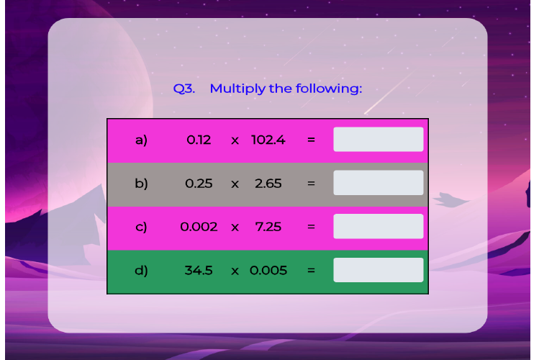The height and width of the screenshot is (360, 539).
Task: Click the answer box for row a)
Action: [x=378, y=139]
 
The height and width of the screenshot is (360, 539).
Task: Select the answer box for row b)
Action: [x=378, y=183]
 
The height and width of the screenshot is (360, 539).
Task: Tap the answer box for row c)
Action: [x=378, y=226]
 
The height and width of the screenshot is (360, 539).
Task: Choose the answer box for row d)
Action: [x=378, y=270]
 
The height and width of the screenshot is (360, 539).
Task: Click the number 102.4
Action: [x=268, y=140]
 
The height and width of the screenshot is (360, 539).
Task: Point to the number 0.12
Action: [x=199, y=140]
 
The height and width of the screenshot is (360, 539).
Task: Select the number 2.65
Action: [x=268, y=184]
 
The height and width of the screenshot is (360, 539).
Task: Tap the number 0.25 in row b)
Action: [x=199, y=184]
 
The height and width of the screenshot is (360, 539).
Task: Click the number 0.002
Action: [x=199, y=227]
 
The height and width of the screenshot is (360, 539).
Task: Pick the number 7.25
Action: [x=268, y=227]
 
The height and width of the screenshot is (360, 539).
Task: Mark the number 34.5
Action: [x=199, y=270]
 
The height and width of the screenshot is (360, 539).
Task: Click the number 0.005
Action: [x=268, y=270]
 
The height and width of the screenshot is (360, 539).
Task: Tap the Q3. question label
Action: [x=184, y=89]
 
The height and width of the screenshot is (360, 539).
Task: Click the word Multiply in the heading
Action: [x=237, y=89]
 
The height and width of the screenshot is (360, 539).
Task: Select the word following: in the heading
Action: [x=329, y=89]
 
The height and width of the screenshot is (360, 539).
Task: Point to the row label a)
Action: [x=141, y=140]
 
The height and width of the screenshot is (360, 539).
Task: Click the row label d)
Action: [x=141, y=271]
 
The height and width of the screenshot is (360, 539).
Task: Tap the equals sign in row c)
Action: [x=311, y=227]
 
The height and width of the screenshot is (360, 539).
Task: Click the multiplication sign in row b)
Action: [x=235, y=184]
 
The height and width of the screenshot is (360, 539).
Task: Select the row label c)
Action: [x=141, y=227]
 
